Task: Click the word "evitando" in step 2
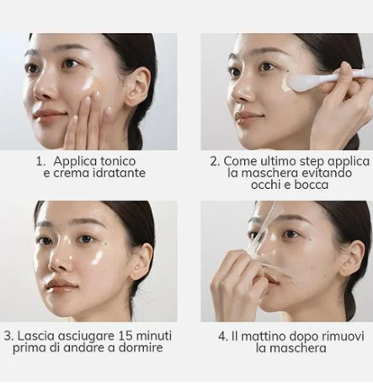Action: (327, 173)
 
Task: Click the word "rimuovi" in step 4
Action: (343, 336)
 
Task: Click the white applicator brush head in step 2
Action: (301, 81)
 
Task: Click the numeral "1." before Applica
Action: (40, 161)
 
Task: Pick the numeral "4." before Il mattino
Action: (222, 336)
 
